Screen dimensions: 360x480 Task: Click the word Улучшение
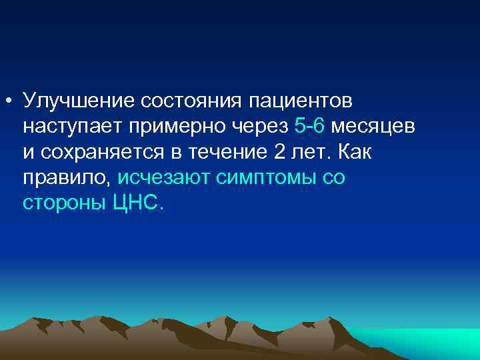79,101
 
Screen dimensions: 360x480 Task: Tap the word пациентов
301,101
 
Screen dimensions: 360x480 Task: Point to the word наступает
69,126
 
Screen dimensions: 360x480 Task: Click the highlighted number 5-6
309,125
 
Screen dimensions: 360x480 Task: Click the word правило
67,177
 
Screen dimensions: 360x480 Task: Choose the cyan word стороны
61,203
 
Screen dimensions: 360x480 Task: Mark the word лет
311,151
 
